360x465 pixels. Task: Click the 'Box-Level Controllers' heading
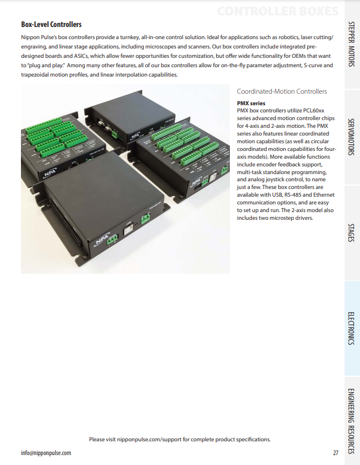[x=51, y=24]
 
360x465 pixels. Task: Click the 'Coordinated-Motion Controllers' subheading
[x=281, y=91]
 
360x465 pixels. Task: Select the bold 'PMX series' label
[x=251, y=103]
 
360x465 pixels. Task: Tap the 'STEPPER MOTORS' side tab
[x=351, y=44]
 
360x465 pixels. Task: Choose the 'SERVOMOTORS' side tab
[x=351, y=136]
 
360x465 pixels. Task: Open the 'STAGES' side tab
[x=351, y=233]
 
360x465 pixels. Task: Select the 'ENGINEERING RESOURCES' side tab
[x=351, y=420]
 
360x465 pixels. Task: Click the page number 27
[x=336, y=453]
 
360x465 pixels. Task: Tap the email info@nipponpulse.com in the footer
[x=46, y=453]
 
